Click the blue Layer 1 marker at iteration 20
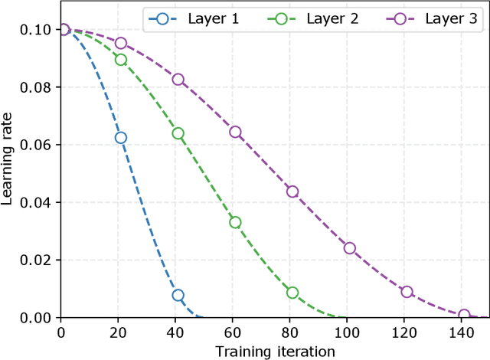[120, 138]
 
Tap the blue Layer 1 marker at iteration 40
[178, 295]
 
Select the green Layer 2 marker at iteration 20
[120, 60]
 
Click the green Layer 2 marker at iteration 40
[178, 133]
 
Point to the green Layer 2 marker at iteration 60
[235, 222]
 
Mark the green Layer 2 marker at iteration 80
[292, 293]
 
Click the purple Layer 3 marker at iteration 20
[120, 43]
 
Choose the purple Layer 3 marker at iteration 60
[235, 132]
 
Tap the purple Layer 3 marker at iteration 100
[349, 248]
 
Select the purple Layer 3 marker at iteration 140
[464, 315]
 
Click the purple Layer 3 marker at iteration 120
[407, 292]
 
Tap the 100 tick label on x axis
[349, 333]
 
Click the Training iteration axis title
[275, 351]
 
